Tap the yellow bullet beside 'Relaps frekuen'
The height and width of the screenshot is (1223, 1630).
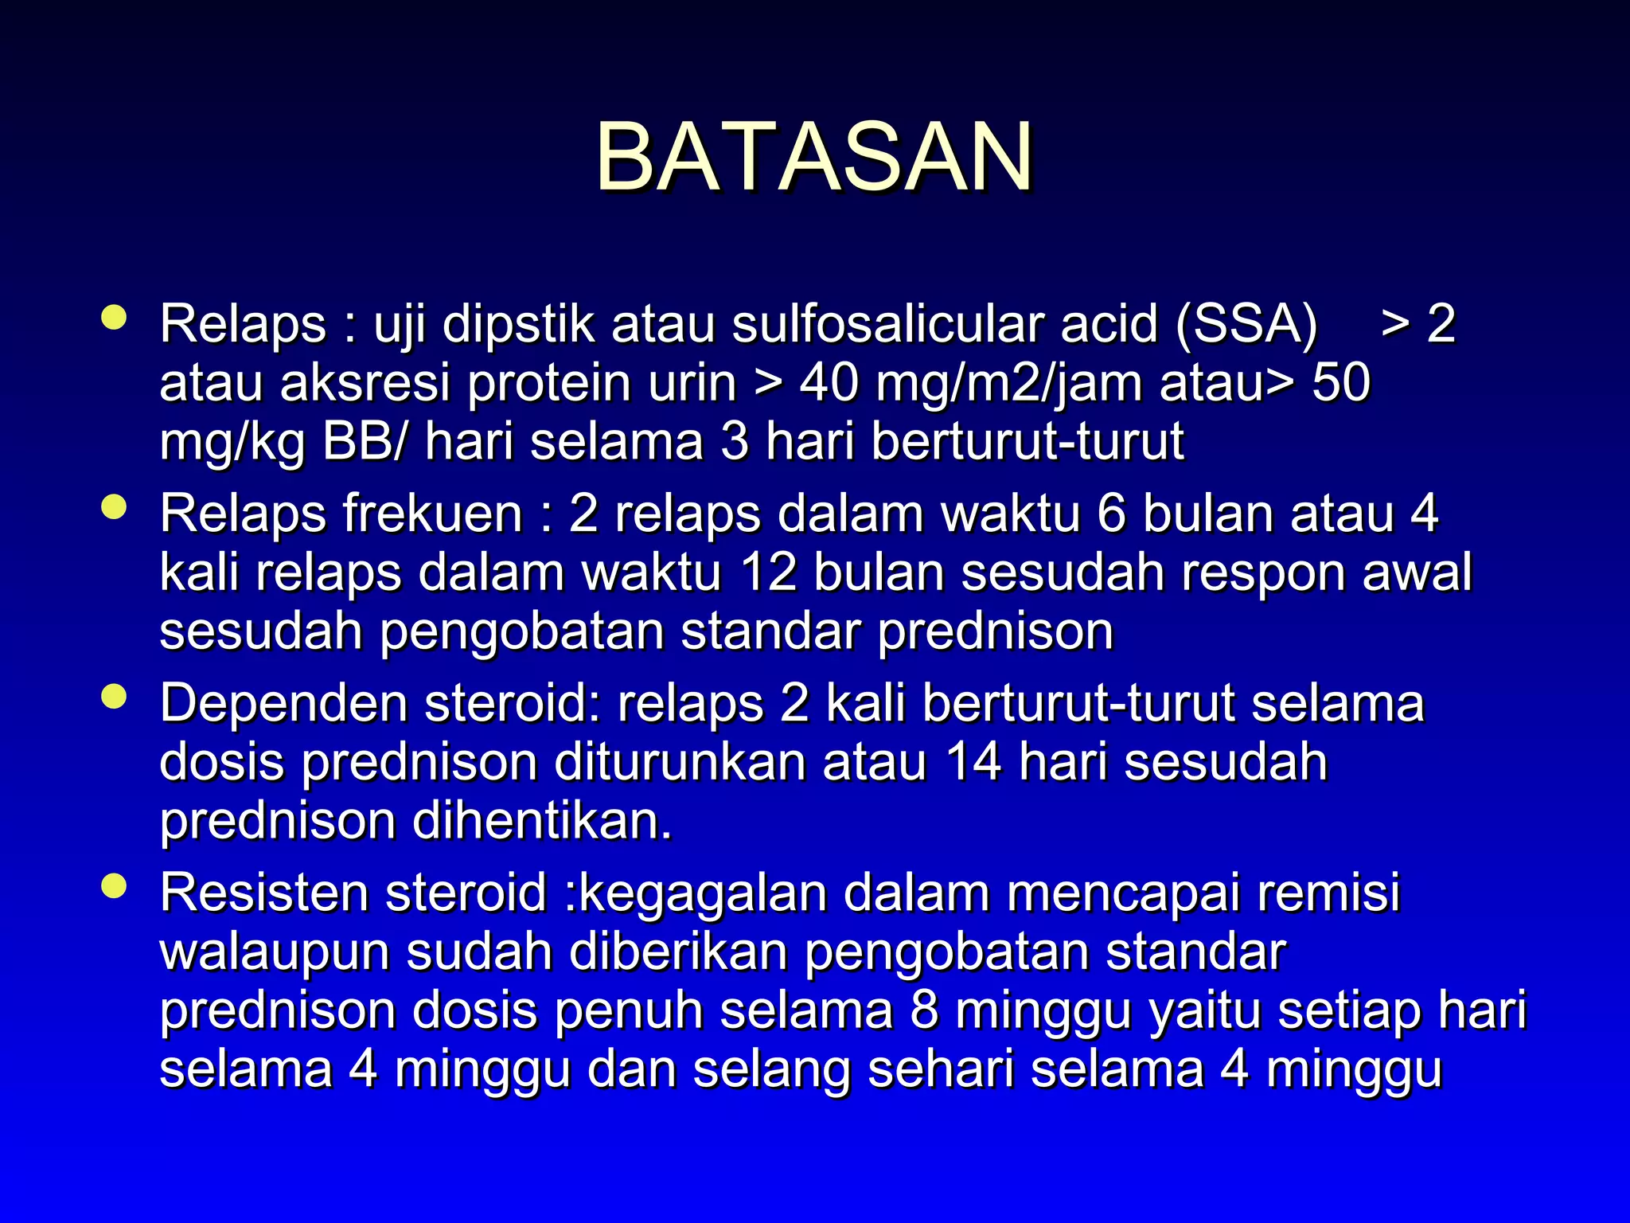pos(115,507)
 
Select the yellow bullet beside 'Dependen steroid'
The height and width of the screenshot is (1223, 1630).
pos(115,697)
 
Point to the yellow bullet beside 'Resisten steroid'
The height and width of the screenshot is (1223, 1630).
pos(115,886)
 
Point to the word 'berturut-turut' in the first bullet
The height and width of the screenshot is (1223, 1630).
pos(1028,442)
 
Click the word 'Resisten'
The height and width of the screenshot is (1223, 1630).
pos(264,893)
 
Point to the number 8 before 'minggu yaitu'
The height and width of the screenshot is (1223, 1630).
pos(925,1010)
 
